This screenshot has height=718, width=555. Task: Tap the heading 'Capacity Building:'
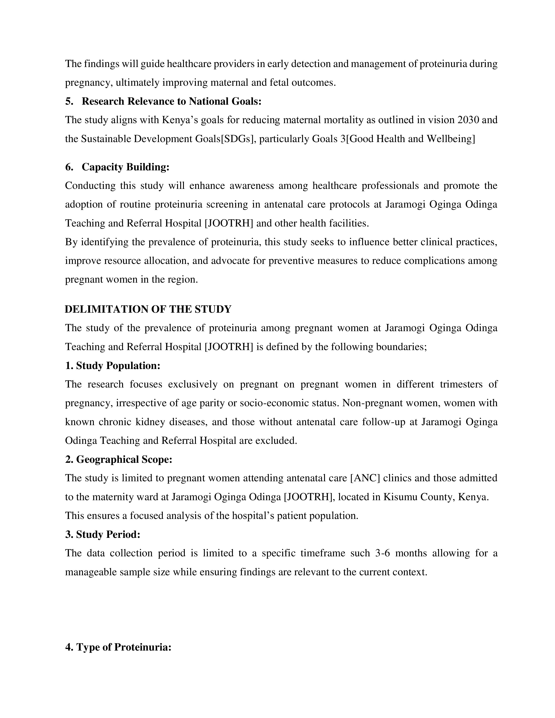[x=125, y=167]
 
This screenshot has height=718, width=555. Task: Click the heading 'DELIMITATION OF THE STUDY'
[x=148, y=309]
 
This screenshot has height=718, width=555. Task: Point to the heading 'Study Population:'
[x=118, y=366]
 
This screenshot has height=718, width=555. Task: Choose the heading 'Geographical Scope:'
[x=124, y=459]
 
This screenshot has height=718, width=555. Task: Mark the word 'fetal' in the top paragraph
[x=279, y=82]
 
